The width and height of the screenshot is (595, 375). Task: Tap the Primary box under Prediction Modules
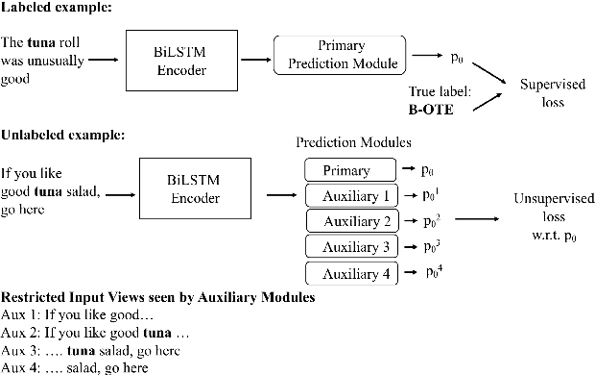[349, 170]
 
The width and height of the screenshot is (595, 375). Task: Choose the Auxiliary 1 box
[349, 196]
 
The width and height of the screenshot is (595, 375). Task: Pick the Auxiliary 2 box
[349, 221]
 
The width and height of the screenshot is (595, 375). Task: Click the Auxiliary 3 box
[349, 247]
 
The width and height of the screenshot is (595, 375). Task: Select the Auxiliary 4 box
[349, 273]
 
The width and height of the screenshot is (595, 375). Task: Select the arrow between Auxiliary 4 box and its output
[409, 273]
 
